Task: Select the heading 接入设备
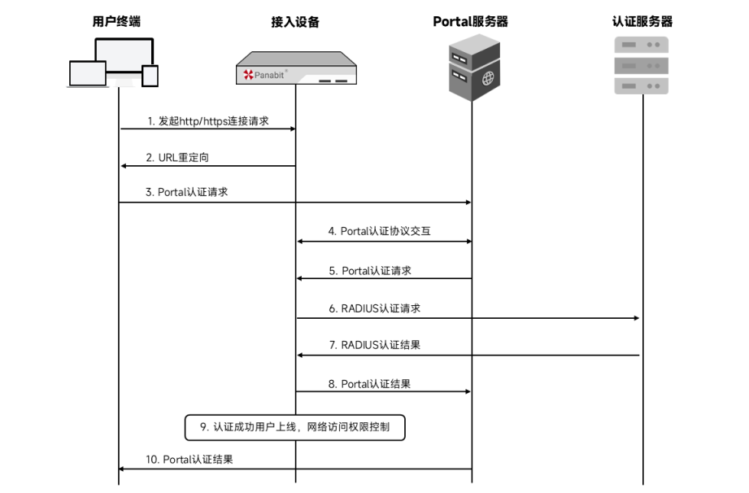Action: click(295, 22)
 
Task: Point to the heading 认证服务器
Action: click(642, 22)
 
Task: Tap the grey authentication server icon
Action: click(642, 65)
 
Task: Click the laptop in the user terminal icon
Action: click(88, 75)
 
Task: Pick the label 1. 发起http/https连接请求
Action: click(208, 121)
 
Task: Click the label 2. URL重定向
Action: click(183, 158)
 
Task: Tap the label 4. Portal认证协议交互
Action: click(379, 231)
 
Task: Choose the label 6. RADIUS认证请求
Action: click(374, 309)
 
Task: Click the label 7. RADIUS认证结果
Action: click(375, 345)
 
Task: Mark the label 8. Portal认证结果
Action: click(375, 383)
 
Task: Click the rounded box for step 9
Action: click(295, 425)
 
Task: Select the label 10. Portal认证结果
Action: click(189, 460)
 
